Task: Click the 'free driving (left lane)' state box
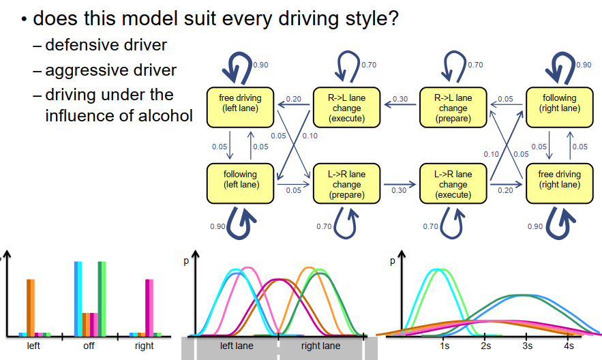tap(240, 108)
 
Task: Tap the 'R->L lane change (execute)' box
tap(347, 108)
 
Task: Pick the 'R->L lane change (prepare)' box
tap(453, 108)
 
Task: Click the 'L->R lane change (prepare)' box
tap(347, 184)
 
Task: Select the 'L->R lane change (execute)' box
tap(453, 184)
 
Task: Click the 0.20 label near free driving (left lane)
tap(294, 100)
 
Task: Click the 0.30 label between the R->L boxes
tap(400, 100)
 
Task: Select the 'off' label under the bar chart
tap(89, 346)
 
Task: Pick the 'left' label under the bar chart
tap(33, 346)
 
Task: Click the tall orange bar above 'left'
tap(30, 307)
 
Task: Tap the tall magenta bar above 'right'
tap(149, 307)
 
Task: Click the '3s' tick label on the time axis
tap(526, 346)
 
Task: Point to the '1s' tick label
tap(445, 346)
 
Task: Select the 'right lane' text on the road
tap(320, 346)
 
